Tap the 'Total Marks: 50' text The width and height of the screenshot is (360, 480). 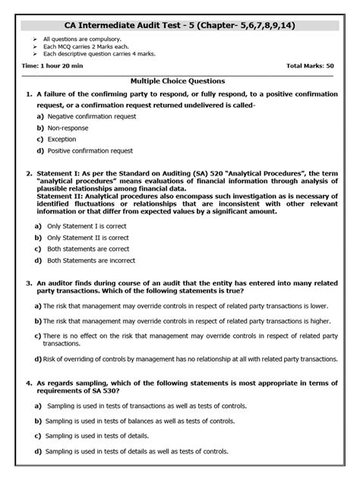tap(309, 67)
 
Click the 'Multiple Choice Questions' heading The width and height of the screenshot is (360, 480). tap(177, 80)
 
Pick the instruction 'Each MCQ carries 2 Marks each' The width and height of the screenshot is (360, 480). tap(83, 46)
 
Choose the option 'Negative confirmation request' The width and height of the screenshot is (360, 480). tap(91, 116)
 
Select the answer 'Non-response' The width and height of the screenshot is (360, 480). tap(68, 128)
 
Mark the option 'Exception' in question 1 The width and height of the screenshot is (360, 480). tap(62, 139)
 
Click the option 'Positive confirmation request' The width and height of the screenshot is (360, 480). tap(90, 150)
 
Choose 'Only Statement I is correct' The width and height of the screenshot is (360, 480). tap(85, 226)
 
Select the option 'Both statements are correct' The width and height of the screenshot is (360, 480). tap(87, 248)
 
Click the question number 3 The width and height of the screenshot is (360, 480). tap(28, 283)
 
